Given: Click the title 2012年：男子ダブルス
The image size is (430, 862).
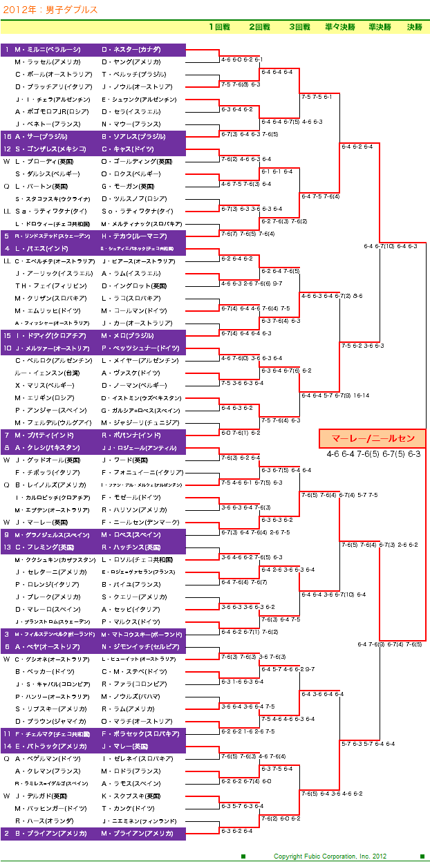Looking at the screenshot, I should (41, 10).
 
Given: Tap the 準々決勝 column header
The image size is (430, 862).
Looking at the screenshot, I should (339, 28).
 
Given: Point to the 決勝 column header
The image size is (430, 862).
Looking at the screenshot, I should (414, 28).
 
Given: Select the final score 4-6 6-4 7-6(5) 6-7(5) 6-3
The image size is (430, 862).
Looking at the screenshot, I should (373, 454).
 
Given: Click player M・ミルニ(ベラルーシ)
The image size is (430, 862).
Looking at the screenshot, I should (48, 50).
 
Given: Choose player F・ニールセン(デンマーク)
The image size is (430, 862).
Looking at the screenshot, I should (138, 523).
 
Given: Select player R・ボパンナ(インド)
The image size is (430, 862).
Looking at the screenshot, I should (131, 435).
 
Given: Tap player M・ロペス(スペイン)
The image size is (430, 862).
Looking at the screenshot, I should (131, 535).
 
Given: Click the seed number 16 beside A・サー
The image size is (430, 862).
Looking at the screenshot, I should (7, 137).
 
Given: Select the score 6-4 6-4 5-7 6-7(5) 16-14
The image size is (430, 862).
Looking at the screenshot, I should (335, 395).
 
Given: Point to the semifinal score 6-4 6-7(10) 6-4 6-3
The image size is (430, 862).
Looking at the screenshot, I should (390, 246).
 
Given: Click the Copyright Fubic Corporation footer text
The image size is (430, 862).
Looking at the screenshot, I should (332, 856).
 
